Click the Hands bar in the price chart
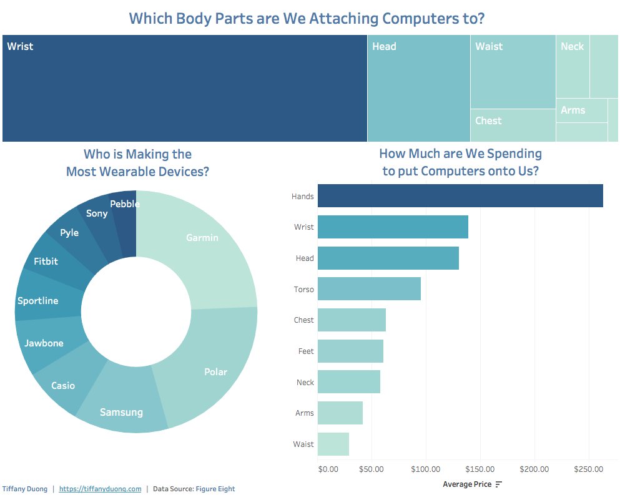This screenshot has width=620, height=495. pyautogui.click(x=460, y=196)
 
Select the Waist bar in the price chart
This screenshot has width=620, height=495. pyautogui.click(x=333, y=444)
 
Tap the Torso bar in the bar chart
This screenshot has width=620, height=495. pyautogui.click(x=369, y=289)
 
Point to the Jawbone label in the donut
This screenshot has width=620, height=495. pyautogui.click(x=44, y=343)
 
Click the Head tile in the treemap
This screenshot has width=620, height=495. pyautogui.click(x=418, y=88)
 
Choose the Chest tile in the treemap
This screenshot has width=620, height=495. pyautogui.click(x=513, y=125)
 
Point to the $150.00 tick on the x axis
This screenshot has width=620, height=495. pyautogui.click(x=480, y=469)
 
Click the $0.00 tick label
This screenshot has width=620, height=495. pyautogui.click(x=328, y=469)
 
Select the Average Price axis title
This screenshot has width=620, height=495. pyautogui.click(x=467, y=484)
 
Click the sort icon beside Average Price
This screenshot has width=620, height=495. pyautogui.click(x=498, y=484)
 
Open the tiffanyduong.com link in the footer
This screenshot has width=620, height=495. pyautogui.click(x=100, y=489)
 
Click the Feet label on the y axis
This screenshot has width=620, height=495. pyautogui.click(x=306, y=351)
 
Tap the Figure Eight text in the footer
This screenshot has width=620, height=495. pyautogui.click(x=215, y=489)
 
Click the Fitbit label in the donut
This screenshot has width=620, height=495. pyautogui.click(x=46, y=261)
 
